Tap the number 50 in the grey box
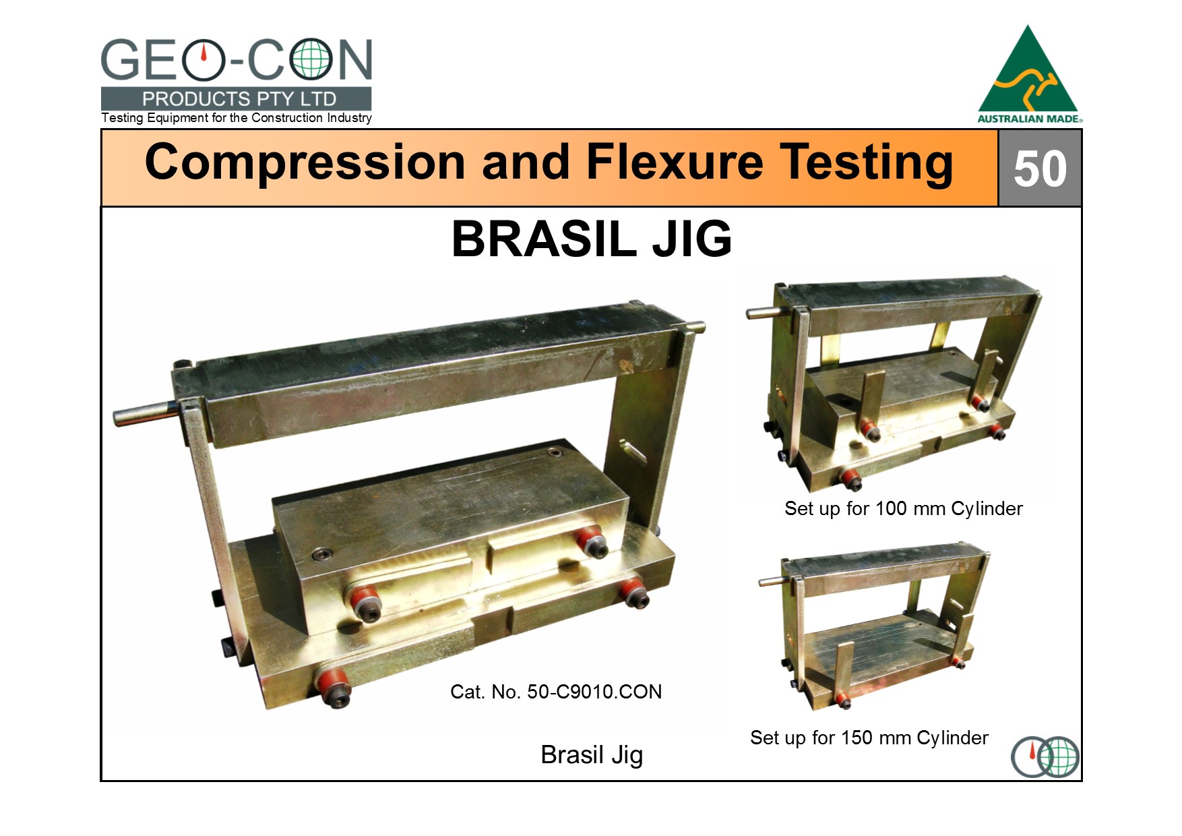pos(1040,169)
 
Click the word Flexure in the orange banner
pos(675,162)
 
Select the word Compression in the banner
pos(305,163)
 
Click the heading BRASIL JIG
pos(592,239)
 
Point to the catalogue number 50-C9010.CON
pos(594,692)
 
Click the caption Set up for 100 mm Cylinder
pos(903,509)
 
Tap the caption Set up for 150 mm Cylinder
pos(869,738)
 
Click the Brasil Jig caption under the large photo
pos(592,755)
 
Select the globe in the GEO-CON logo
pos(311,60)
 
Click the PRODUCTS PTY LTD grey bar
pos(236,98)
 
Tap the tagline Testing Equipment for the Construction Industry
pos(237,118)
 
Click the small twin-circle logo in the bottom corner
pos(1045,756)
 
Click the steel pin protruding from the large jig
pos(144,412)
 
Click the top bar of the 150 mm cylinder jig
pos(886,569)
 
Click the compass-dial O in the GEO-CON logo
pos(203,60)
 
